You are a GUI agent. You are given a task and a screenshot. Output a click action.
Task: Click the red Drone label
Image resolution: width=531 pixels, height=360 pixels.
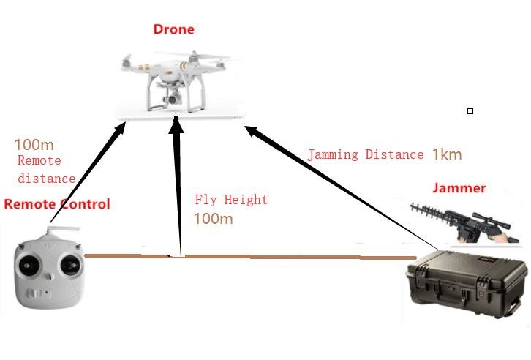(173, 30)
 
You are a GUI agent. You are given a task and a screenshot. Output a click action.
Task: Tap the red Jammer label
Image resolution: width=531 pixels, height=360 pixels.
(459, 188)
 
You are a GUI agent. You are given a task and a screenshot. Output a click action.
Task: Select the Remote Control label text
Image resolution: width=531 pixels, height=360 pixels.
(57, 204)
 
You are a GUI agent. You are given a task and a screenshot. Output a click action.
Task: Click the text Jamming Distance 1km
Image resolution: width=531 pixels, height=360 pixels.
(384, 154)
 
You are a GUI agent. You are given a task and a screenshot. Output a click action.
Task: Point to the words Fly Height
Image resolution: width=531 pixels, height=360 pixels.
(231, 200)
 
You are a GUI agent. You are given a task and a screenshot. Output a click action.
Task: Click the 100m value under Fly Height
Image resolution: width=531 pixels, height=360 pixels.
(213, 218)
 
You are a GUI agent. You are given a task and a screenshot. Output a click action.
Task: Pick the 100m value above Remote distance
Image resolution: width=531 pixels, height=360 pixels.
(34, 145)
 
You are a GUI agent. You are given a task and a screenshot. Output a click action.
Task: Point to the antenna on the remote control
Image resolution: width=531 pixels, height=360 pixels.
(56, 233)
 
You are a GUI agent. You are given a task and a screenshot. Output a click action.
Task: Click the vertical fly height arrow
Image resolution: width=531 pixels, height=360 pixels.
(176, 183)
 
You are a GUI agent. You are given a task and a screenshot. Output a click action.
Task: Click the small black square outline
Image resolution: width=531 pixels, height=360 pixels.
(470, 111)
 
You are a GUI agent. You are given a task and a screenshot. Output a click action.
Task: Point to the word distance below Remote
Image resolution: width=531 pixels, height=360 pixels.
(47, 178)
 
